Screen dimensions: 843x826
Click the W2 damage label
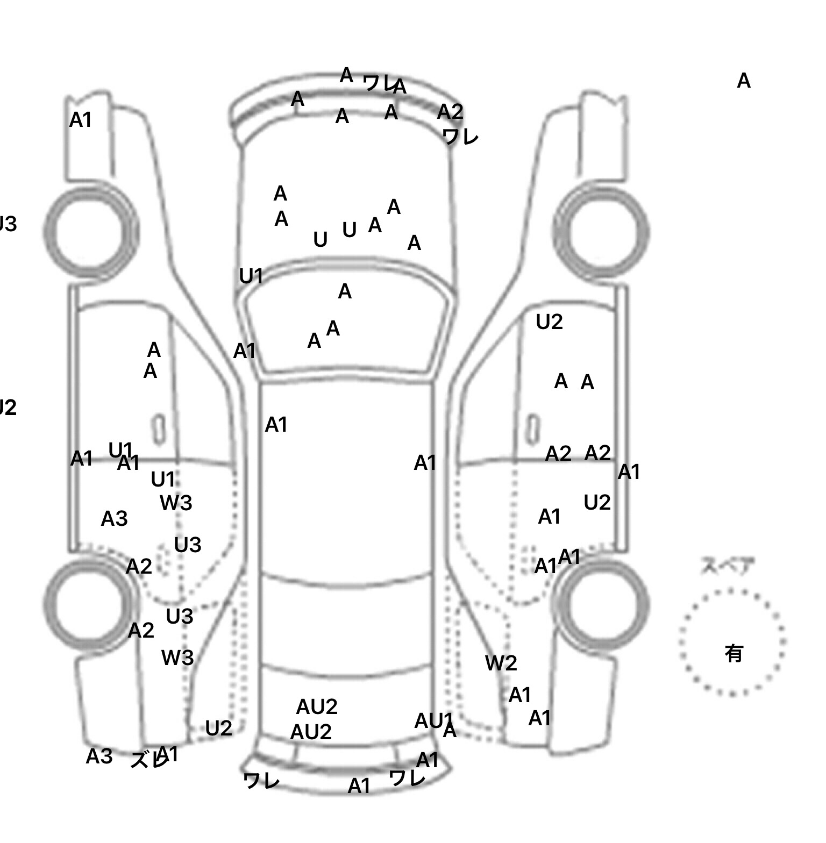(x=501, y=663)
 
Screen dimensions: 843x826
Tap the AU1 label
(x=433, y=721)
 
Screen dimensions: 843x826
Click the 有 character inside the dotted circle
(x=734, y=654)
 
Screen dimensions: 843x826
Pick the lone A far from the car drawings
(x=743, y=81)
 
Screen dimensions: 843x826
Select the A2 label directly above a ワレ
(x=450, y=112)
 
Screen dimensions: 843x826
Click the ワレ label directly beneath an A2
(x=460, y=137)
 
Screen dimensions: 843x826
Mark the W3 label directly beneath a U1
(x=176, y=503)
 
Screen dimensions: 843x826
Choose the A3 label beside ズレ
(x=99, y=756)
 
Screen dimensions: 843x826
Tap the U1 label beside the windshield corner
(x=251, y=276)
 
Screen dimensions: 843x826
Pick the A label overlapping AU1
(x=450, y=731)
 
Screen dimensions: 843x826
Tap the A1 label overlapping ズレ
(x=168, y=754)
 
